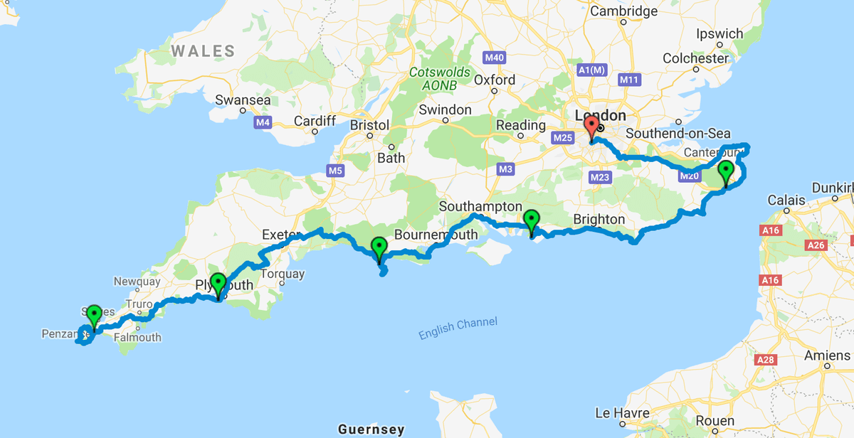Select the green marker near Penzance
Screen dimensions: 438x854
pos(94,317)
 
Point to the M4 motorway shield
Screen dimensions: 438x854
pos(263,123)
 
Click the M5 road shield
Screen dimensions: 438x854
pos(334,171)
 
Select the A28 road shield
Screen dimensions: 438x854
pos(765,360)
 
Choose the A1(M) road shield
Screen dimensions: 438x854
pos(591,70)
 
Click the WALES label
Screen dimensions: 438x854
pos(203,50)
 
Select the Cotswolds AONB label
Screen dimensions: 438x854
pos(439,79)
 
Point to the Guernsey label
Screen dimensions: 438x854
pos(371,429)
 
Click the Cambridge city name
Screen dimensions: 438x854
pos(623,11)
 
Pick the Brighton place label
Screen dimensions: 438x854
pos(599,219)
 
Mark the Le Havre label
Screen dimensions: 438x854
pos(622,413)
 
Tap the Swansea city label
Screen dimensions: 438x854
pos(243,100)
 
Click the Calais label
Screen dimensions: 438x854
pos(786,200)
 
